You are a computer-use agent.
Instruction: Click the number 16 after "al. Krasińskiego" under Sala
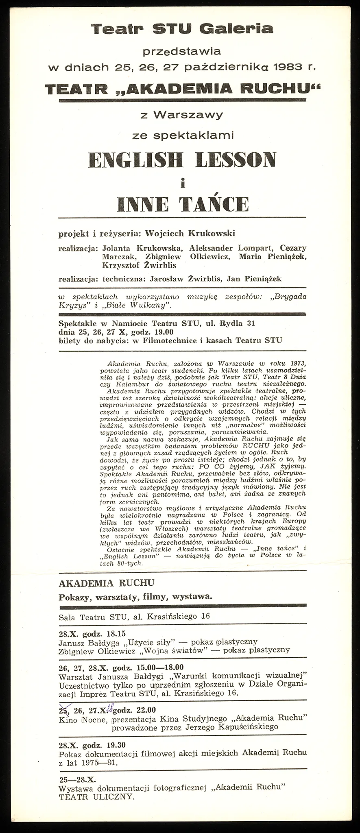point(205,616)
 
